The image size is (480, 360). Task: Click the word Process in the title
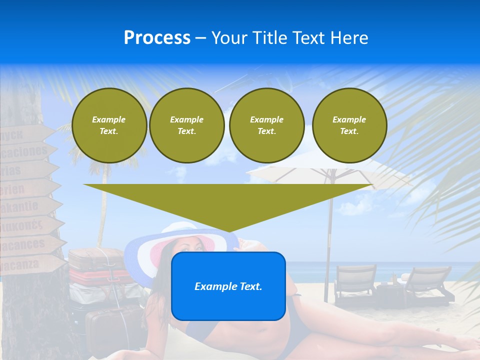click(x=157, y=38)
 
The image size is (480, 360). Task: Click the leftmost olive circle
click(x=109, y=125)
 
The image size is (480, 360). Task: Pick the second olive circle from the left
click(x=186, y=125)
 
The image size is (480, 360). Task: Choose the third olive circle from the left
click(x=266, y=125)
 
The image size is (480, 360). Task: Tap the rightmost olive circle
click(x=349, y=125)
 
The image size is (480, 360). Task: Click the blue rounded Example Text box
click(x=228, y=286)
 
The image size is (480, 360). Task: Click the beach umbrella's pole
click(x=328, y=240)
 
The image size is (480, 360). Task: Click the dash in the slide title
click(x=201, y=38)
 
